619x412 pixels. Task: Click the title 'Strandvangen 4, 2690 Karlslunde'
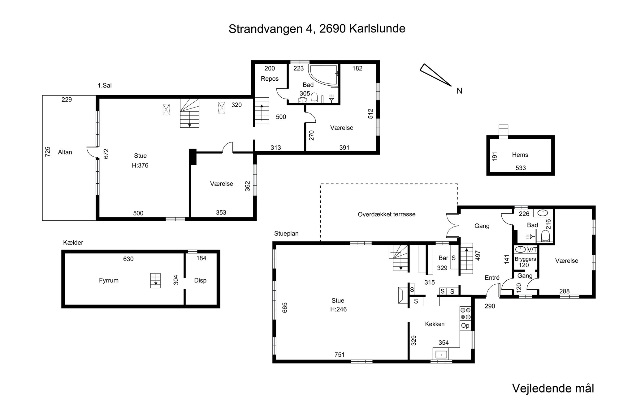[x=317, y=29]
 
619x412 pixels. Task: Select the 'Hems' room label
[x=520, y=155]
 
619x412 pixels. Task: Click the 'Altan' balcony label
[x=65, y=152]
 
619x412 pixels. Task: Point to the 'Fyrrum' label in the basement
[x=109, y=280]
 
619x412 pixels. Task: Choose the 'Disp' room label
[x=200, y=280]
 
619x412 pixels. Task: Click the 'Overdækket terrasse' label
[x=387, y=214]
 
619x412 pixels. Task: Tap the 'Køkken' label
[x=435, y=324]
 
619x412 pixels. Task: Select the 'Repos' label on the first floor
[x=270, y=79]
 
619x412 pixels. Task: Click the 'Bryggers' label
[x=525, y=259]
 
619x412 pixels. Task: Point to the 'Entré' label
[x=492, y=278]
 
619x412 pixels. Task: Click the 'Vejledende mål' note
[x=553, y=388]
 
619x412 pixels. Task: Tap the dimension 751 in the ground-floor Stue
[x=340, y=355]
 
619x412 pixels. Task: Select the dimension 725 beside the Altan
[x=48, y=152]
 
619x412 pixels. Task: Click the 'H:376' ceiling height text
[x=140, y=165]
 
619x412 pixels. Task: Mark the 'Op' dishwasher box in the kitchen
[x=465, y=325]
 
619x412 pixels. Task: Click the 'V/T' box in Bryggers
[x=532, y=249]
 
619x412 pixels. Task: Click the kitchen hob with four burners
[x=465, y=313]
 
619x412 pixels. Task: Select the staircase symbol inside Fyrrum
[x=155, y=281]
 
